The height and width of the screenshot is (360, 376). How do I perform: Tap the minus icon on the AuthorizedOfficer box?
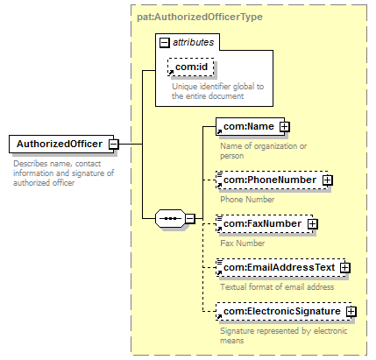(114, 145)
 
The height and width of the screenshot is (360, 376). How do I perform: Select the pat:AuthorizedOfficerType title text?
(200, 17)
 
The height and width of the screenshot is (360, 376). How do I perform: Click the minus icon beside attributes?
(165, 43)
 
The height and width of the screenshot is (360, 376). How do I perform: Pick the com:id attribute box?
(191, 67)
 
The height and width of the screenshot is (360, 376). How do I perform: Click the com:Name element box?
(250, 126)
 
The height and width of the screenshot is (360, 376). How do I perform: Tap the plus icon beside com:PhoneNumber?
(328, 180)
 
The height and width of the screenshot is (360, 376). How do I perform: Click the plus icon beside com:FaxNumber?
(313, 224)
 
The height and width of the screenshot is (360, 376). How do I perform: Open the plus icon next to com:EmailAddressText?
(345, 268)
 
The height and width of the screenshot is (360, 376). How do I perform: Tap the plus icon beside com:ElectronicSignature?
(351, 312)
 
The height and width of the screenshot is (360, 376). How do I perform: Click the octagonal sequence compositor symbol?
(171, 218)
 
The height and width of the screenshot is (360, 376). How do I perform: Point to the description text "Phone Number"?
(247, 200)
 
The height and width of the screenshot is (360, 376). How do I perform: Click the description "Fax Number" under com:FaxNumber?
(243, 244)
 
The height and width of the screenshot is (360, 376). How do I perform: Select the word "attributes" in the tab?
(194, 42)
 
